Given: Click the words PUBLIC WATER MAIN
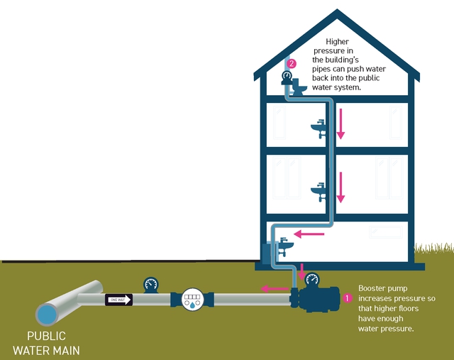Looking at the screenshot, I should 47,342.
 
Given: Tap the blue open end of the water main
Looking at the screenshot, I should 48,314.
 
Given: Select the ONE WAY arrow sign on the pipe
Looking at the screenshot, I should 119,300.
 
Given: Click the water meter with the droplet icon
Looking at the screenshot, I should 192,299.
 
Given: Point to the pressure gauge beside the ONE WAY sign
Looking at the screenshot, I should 150,284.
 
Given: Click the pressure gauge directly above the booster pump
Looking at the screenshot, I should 311,279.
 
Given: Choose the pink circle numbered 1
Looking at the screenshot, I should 347,298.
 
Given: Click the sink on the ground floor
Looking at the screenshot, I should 284,245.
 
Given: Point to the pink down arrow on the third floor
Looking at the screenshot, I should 340,124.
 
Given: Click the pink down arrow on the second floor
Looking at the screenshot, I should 340,187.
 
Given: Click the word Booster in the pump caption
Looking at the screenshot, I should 373,288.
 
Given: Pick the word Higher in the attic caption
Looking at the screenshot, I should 337,43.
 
